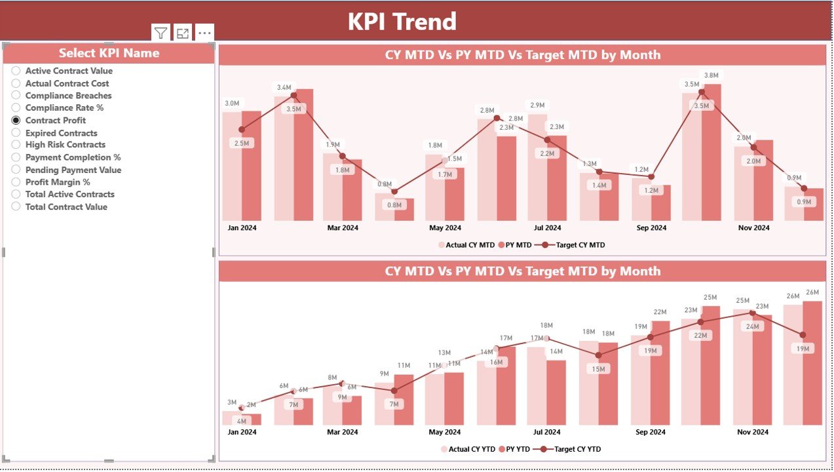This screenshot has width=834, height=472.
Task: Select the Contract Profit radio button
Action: [x=16, y=121]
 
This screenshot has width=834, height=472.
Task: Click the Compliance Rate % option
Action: [x=64, y=108]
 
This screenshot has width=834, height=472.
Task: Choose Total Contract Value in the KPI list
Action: [x=66, y=206]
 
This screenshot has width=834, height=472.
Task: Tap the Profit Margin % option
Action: [x=58, y=182]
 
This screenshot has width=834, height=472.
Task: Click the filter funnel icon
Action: [x=161, y=33]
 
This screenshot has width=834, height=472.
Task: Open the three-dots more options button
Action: [x=204, y=33]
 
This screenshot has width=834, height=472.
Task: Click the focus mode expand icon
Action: [x=183, y=33]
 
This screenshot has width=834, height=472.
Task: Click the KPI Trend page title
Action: [x=402, y=22]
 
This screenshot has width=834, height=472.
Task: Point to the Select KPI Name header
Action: [x=109, y=53]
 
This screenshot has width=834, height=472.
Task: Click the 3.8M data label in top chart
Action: [x=711, y=75]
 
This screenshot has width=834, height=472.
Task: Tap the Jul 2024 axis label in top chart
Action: [x=547, y=228]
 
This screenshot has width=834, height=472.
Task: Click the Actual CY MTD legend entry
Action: [x=470, y=245]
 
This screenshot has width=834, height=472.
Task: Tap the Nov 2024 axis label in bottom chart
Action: [x=752, y=432]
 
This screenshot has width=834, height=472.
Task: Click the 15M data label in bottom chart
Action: [x=598, y=369]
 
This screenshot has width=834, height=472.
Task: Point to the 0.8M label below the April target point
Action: [x=394, y=205]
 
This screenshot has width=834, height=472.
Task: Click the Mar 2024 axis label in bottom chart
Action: [x=342, y=432]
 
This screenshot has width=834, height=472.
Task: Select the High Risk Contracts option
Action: [x=65, y=145]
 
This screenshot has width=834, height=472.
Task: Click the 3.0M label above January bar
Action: [x=232, y=104]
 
